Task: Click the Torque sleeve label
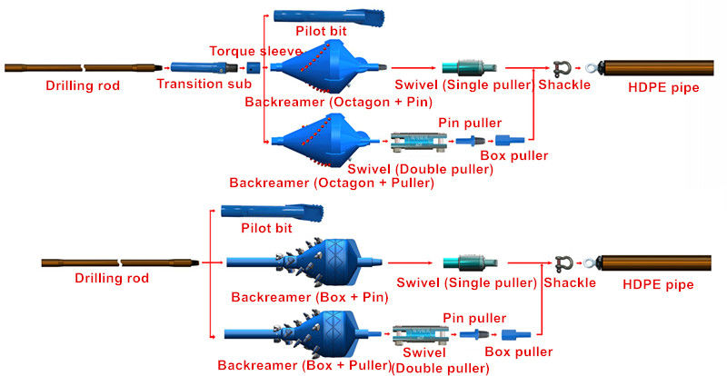(255, 51)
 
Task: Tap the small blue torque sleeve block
(252, 68)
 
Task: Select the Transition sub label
(204, 84)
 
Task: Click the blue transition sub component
(204, 67)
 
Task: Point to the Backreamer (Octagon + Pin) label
(338, 102)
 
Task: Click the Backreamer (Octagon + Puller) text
(332, 183)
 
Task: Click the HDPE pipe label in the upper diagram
(663, 87)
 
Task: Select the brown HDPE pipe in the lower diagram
(656, 263)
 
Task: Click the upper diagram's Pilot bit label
(322, 31)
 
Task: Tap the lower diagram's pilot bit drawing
(272, 212)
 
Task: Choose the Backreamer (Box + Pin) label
(310, 297)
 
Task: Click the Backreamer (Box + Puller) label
(304, 365)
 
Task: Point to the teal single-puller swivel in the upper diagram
(469, 68)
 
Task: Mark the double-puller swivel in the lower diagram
(421, 335)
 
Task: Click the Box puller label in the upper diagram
(514, 155)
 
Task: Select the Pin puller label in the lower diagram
(474, 318)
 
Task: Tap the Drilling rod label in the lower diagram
(112, 278)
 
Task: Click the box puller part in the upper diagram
(510, 140)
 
